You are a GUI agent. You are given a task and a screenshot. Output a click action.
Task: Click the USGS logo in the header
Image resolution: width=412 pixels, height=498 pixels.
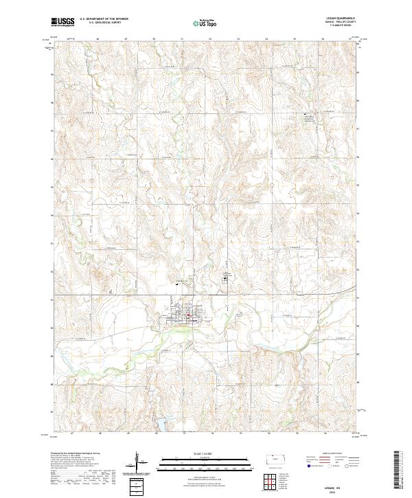63,23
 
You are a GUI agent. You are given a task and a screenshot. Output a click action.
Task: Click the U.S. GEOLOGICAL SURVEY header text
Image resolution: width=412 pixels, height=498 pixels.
102,23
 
